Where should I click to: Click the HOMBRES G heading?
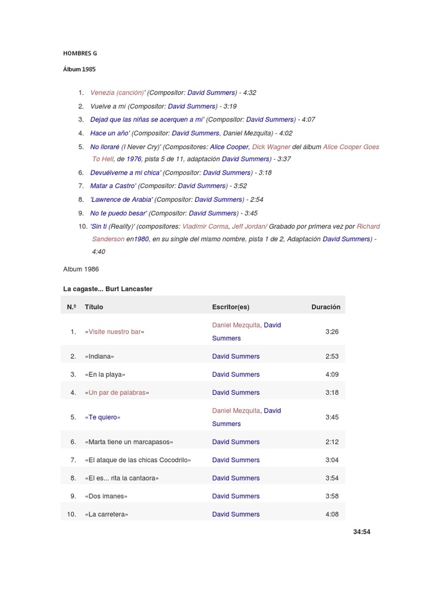click(x=80, y=53)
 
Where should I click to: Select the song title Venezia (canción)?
click(x=117, y=92)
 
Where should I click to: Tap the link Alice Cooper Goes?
click(x=351, y=147)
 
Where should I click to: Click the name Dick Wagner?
click(x=271, y=147)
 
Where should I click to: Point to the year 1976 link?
click(x=133, y=159)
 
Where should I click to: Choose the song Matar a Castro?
click(x=112, y=186)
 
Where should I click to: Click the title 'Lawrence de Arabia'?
click(x=121, y=199)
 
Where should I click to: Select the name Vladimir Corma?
click(x=205, y=226)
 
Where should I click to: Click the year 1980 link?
click(x=141, y=239)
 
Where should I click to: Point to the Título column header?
click(x=94, y=307)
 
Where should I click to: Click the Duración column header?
click(x=326, y=307)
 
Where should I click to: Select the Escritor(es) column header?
click(x=231, y=307)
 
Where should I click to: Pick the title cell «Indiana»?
click(x=99, y=357)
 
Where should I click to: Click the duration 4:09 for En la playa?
click(x=332, y=375)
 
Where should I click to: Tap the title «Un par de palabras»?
click(x=117, y=392)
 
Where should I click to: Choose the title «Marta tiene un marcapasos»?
click(x=129, y=442)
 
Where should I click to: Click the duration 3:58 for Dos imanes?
click(x=332, y=496)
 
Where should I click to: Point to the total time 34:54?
click(x=362, y=532)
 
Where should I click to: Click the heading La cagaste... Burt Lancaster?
click(x=107, y=289)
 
